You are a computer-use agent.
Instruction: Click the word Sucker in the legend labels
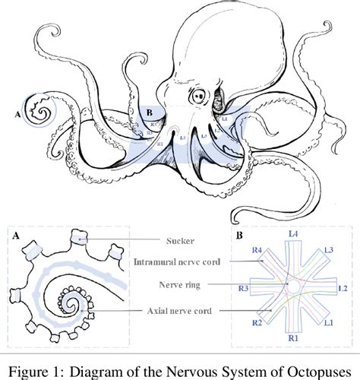click(x=182, y=240)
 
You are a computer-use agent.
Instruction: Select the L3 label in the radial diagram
click(x=328, y=249)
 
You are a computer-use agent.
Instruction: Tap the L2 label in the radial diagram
click(x=342, y=289)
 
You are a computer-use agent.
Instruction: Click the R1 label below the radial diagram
click(x=292, y=336)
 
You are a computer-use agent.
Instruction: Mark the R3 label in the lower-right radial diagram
click(x=243, y=290)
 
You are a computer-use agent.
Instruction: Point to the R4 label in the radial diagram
click(x=257, y=250)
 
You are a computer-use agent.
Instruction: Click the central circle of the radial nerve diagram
click(x=292, y=288)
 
